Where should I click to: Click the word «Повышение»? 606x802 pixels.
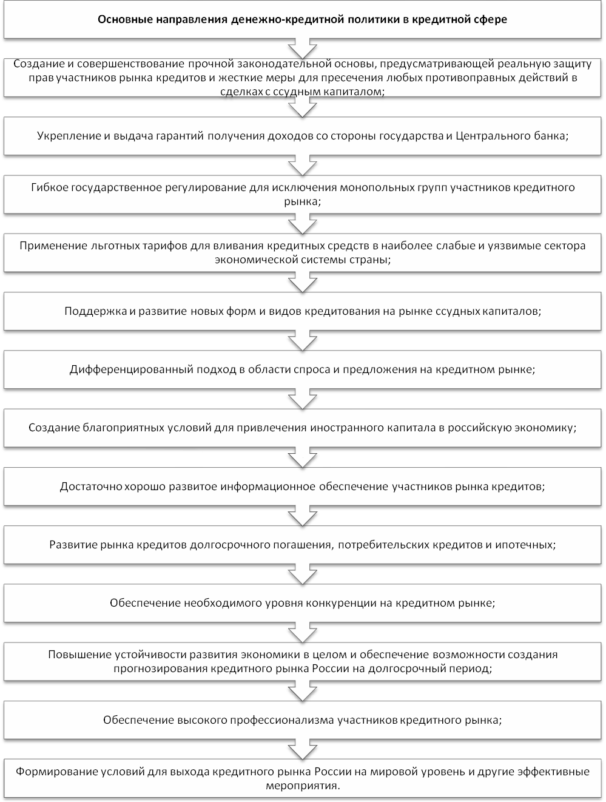78,655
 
